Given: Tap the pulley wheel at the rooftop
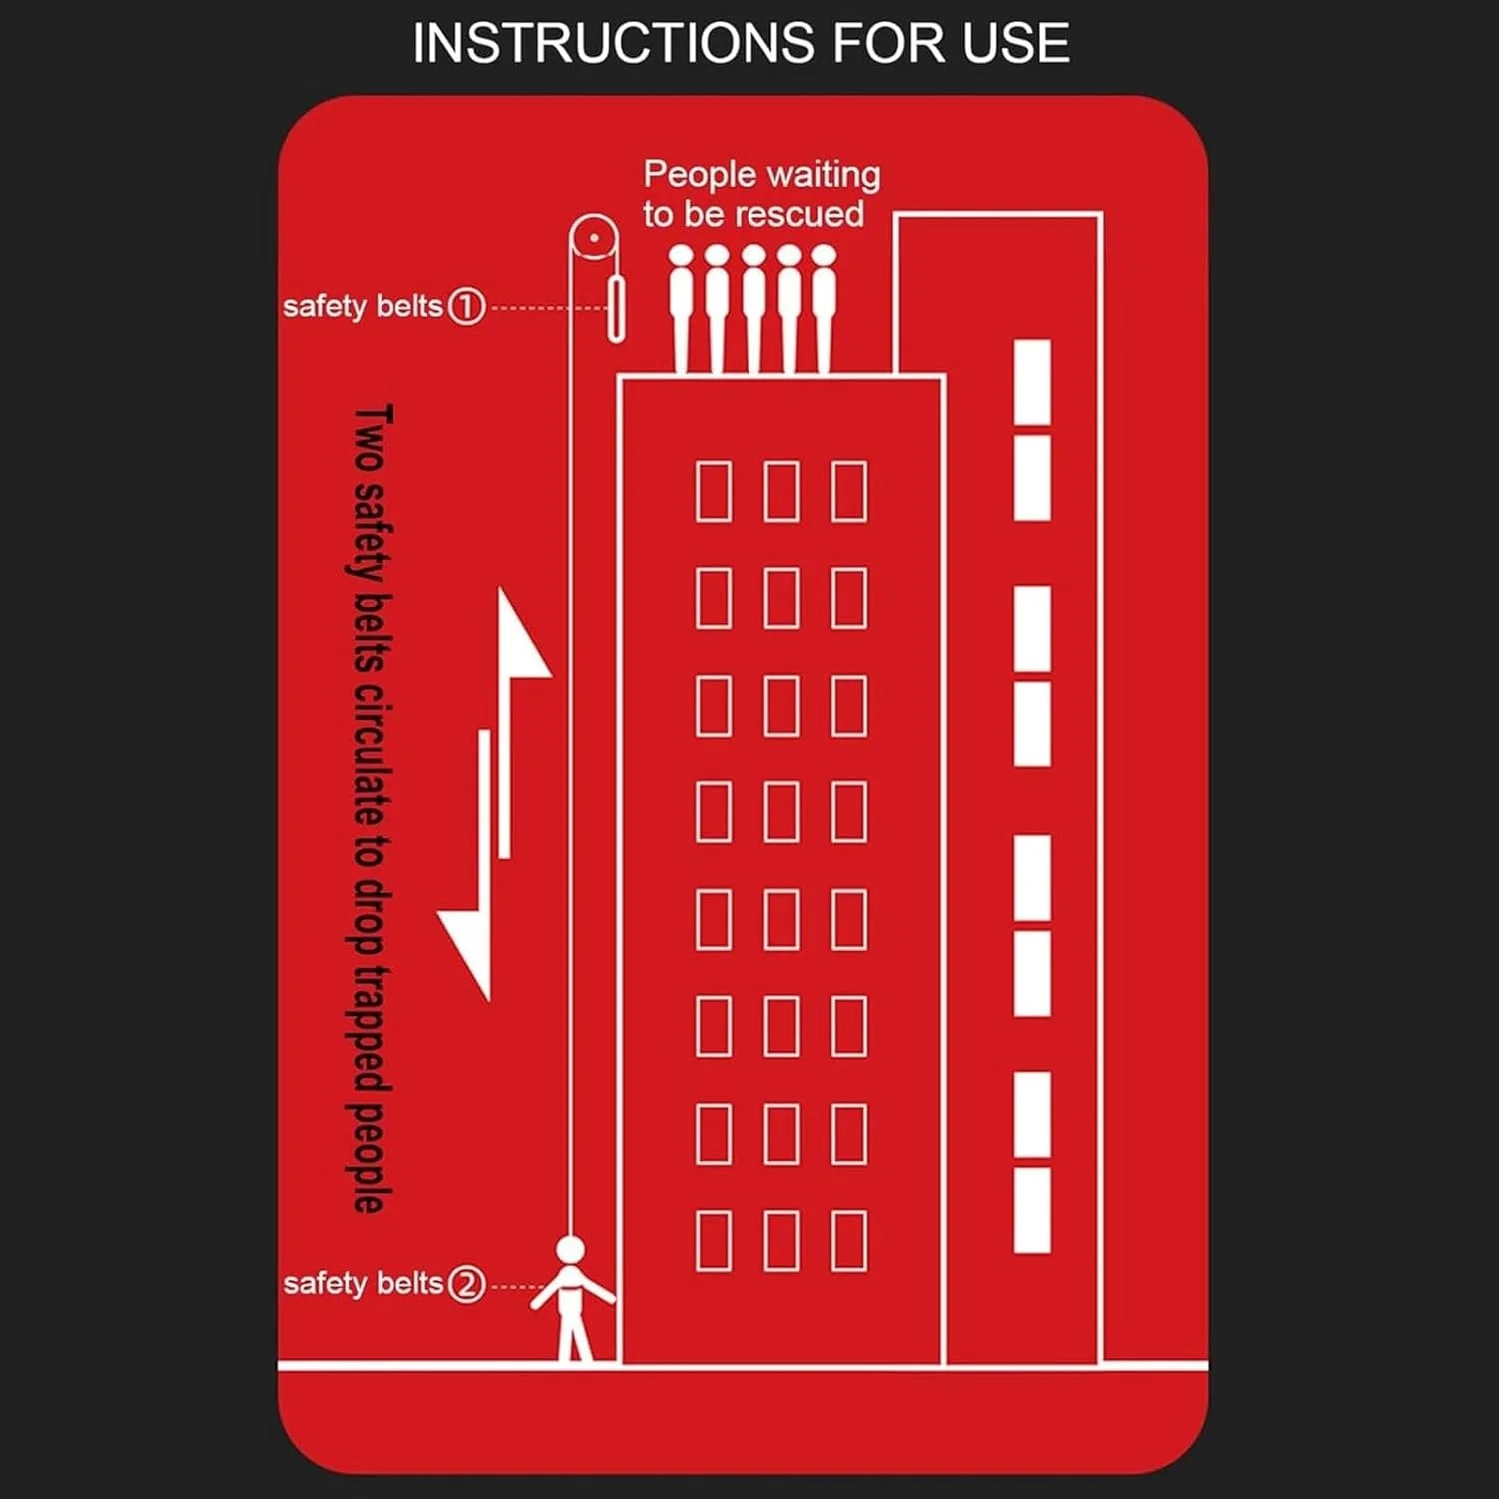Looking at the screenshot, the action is [594, 239].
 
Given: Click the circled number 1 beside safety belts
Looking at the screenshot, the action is [466, 306].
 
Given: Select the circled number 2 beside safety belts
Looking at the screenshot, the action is [466, 1284].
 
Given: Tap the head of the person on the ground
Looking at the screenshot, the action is [570, 1250].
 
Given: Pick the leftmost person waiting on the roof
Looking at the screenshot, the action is [681, 309].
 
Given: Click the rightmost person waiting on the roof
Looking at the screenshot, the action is [824, 309].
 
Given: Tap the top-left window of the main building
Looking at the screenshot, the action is [713, 491].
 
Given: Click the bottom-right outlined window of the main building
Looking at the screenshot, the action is [849, 1240].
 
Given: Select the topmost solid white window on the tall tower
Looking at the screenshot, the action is [1032, 382].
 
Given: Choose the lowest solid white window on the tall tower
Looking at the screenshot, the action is [1032, 1210].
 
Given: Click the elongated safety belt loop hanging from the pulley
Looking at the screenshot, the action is [617, 310].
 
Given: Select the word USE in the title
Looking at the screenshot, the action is [1017, 43].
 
